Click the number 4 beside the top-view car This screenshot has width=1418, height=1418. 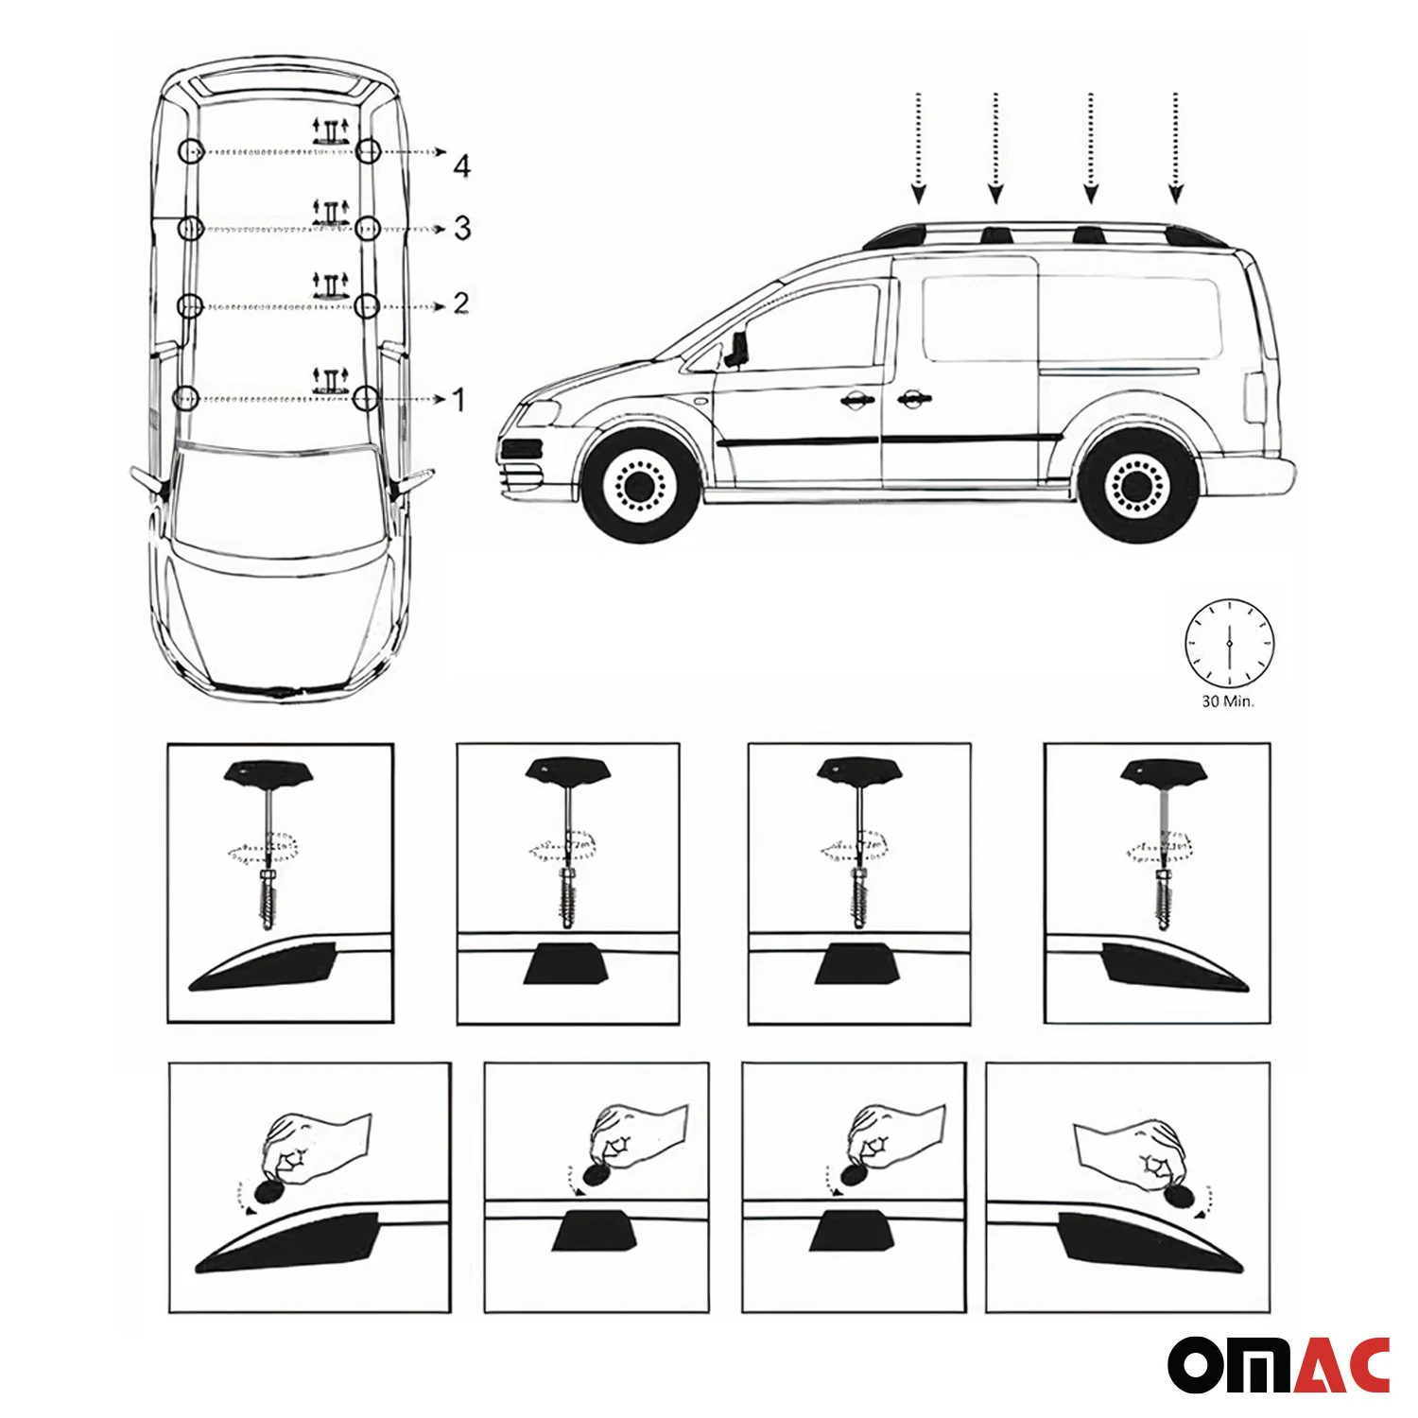[x=461, y=166]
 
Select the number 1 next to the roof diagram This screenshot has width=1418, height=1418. [x=459, y=400]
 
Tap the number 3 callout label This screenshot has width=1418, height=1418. [x=462, y=228]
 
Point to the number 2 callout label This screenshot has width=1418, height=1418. [x=461, y=303]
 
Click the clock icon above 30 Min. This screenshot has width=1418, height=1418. [x=1229, y=643]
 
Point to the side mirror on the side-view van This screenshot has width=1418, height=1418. [x=737, y=346]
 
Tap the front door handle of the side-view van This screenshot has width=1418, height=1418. [x=855, y=401]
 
